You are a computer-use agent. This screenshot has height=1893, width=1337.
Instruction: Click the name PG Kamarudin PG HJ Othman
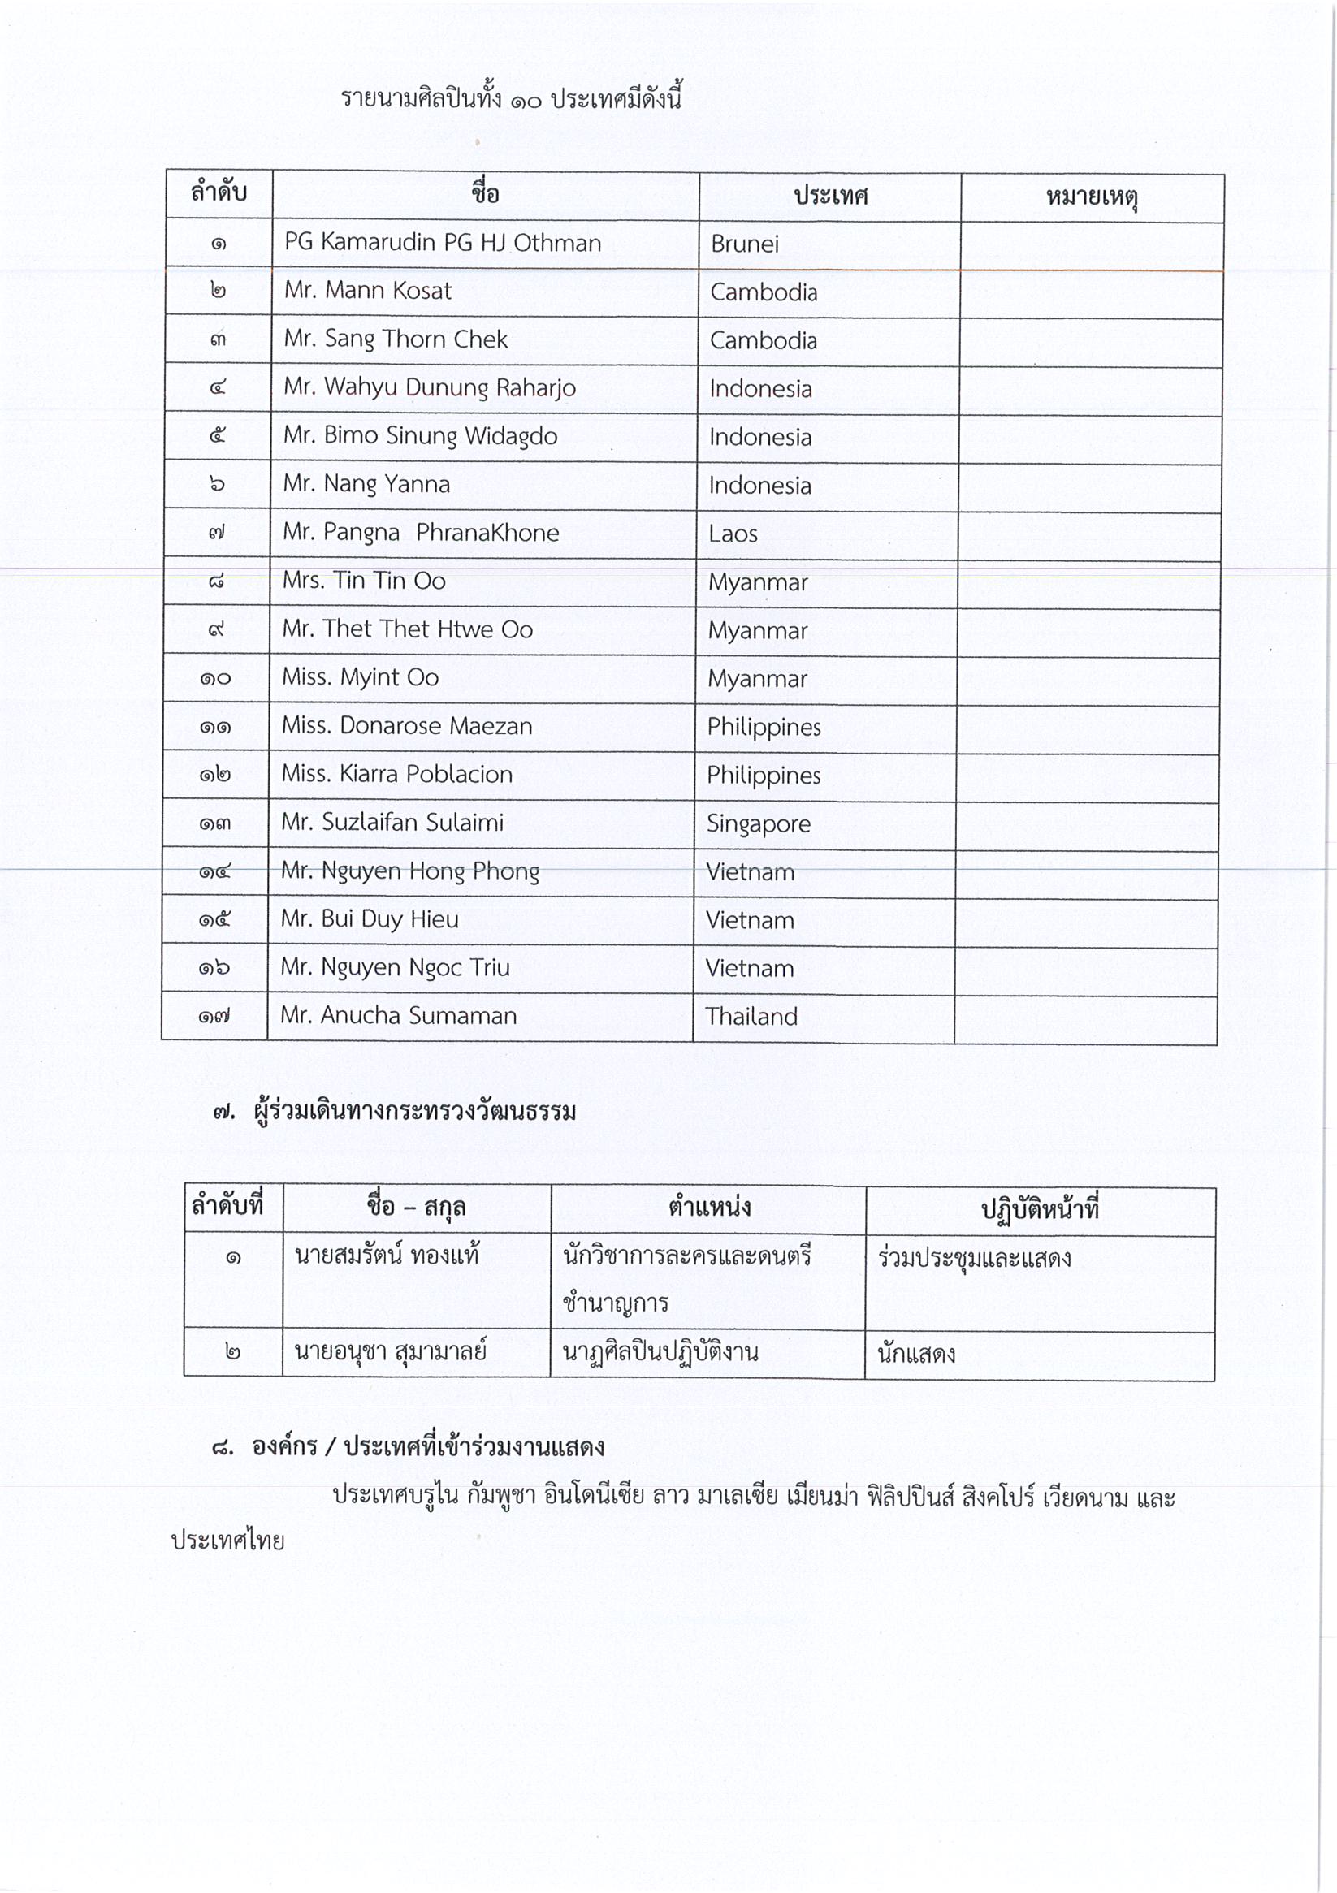tap(442, 242)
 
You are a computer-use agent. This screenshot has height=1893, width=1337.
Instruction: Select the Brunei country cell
tap(744, 244)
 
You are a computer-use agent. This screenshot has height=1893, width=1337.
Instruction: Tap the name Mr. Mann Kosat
tap(367, 290)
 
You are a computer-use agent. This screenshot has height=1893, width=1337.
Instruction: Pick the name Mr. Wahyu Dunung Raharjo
tap(429, 387)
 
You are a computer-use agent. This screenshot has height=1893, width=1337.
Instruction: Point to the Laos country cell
tap(733, 534)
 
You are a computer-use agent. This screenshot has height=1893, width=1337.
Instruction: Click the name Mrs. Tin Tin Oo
tap(364, 581)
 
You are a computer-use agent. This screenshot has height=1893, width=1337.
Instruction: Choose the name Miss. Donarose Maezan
tap(407, 725)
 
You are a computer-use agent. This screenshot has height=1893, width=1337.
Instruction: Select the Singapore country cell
tap(758, 823)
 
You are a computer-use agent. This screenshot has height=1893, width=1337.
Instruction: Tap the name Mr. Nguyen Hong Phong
tap(410, 871)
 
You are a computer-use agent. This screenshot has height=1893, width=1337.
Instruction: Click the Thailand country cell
tap(751, 1017)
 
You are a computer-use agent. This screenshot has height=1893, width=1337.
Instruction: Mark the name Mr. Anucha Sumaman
tap(398, 1016)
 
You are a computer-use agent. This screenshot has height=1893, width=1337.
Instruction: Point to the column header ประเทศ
tap(830, 197)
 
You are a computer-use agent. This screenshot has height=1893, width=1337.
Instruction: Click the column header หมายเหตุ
tap(1091, 198)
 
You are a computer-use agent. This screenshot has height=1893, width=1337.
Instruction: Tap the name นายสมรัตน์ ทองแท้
tap(386, 1256)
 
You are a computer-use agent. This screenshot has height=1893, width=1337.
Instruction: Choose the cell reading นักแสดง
tap(915, 1354)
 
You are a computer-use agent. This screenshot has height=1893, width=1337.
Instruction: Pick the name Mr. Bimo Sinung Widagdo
tap(420, 435)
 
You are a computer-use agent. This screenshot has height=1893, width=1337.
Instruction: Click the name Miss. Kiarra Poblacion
tap(396, 774)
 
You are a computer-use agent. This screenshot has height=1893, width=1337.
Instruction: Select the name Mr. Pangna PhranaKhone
tap(421, 533)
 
